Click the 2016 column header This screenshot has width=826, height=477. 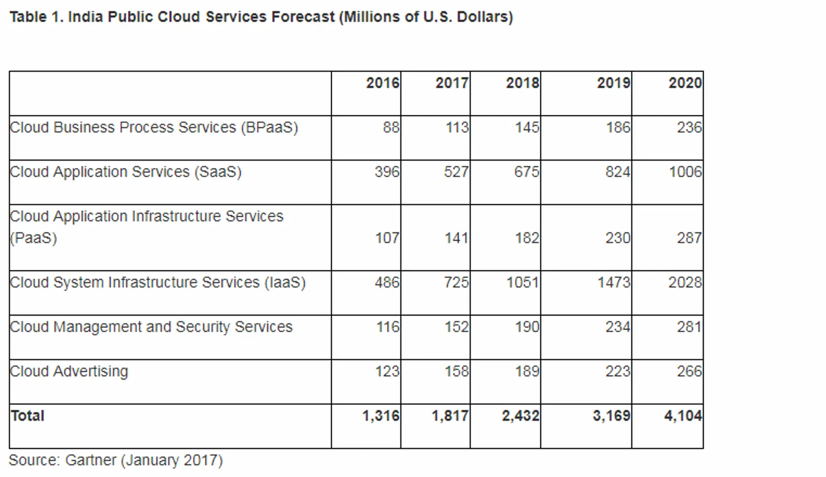pos(383,83)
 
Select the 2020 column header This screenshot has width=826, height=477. pos(685,83)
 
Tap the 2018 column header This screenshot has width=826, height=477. pos(523,83)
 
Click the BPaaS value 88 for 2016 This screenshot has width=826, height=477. pos(391,128)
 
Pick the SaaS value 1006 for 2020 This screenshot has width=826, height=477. pos(685,172)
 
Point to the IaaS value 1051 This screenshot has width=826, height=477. pos(523,283)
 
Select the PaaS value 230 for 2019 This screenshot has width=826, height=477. pos(618,238)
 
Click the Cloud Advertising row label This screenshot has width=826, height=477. pos(69,371)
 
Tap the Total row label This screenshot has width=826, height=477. pos(27,416)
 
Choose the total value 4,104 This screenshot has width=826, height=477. pos(683,416)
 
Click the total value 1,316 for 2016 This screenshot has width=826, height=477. pos(381,416)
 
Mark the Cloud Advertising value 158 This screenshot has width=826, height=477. pos(456,371)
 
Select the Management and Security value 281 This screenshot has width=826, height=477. pos(689,327)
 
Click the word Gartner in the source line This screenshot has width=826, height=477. pos(91,460)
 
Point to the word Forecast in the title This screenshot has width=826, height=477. pos(303,17)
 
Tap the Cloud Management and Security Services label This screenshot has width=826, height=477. pos(151,327)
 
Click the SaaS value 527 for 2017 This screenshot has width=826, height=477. pos(456,172)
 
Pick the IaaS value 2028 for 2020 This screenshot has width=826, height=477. pos(685,283)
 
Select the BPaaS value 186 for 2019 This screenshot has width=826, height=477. pos(618,128)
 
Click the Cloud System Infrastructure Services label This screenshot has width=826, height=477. pos(158,283)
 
